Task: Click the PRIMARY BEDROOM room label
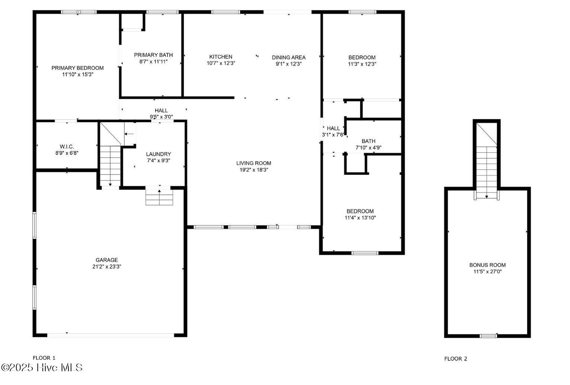(x=77, y=68)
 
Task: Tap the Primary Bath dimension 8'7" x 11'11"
(x=153, y=62)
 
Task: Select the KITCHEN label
(x=221, y=57)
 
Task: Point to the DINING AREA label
(x=288, y=57)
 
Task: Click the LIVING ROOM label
(x=254, y=163)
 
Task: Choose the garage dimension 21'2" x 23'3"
(x=107, y=266)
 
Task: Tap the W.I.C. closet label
(x=67, y=147)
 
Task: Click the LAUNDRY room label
(x=158, y=154)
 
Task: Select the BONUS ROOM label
(x=487, y=265)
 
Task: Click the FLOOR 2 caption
(x=455, y=359)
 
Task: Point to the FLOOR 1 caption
(x=44, y=358)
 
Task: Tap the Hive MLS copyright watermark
(x=42, y=368)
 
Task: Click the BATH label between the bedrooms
(x=368, y=141)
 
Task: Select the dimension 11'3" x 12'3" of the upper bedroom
(x=362, y=64)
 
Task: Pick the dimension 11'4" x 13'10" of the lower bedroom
(x=360, y=218)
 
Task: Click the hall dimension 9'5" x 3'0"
(x=161, y=117)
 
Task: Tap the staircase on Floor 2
(x=487, y=167)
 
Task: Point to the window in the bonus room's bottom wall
(x=488, y=336)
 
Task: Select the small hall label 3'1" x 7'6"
(x=333, y=135)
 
